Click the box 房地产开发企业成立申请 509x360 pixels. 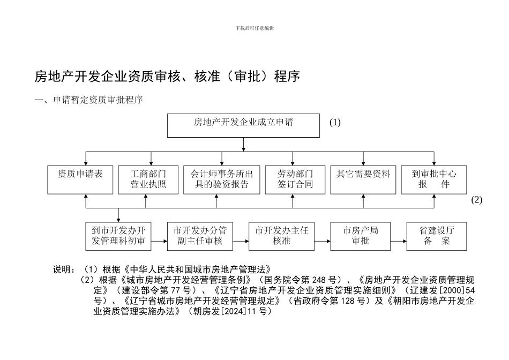(x=243, y=125)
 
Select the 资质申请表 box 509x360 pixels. (x=80, y=179)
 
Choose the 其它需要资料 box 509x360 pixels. (x=363, y=179)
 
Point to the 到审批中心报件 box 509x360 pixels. (x=434, y=179)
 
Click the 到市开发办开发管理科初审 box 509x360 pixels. (x=118, y=236)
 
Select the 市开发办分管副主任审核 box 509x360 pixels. (x=200, y=236)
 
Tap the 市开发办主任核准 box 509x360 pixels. (x=281, y=236)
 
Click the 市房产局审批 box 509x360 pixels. (x=361, y=236)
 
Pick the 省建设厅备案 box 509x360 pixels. (x=437, y=236)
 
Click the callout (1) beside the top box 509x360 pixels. (x=335, y=123)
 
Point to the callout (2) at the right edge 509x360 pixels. (x=476, y=200)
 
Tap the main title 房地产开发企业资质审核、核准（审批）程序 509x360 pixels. (x=167, y=77)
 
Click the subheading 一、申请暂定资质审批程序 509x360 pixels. (x=88, y=100)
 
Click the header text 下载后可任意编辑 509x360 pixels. (x=254, y=28)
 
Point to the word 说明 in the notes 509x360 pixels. (x=62, y=269)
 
